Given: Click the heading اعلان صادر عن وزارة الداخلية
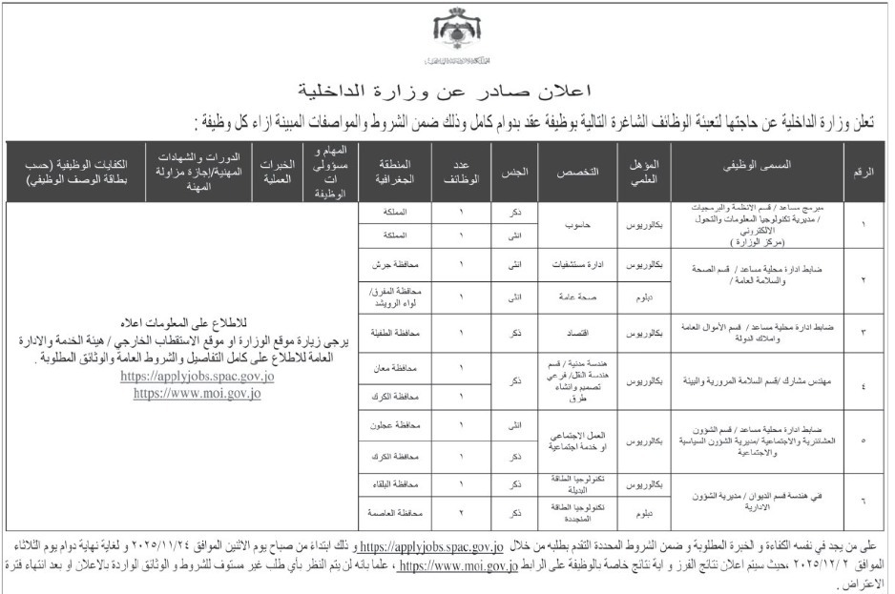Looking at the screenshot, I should coord(446,92).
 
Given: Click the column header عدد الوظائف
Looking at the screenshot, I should coord(456,170).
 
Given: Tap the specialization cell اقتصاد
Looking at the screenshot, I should coord(578,331).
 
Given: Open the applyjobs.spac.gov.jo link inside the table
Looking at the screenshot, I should coord(197,377).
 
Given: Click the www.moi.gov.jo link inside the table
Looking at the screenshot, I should coord(197,393).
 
